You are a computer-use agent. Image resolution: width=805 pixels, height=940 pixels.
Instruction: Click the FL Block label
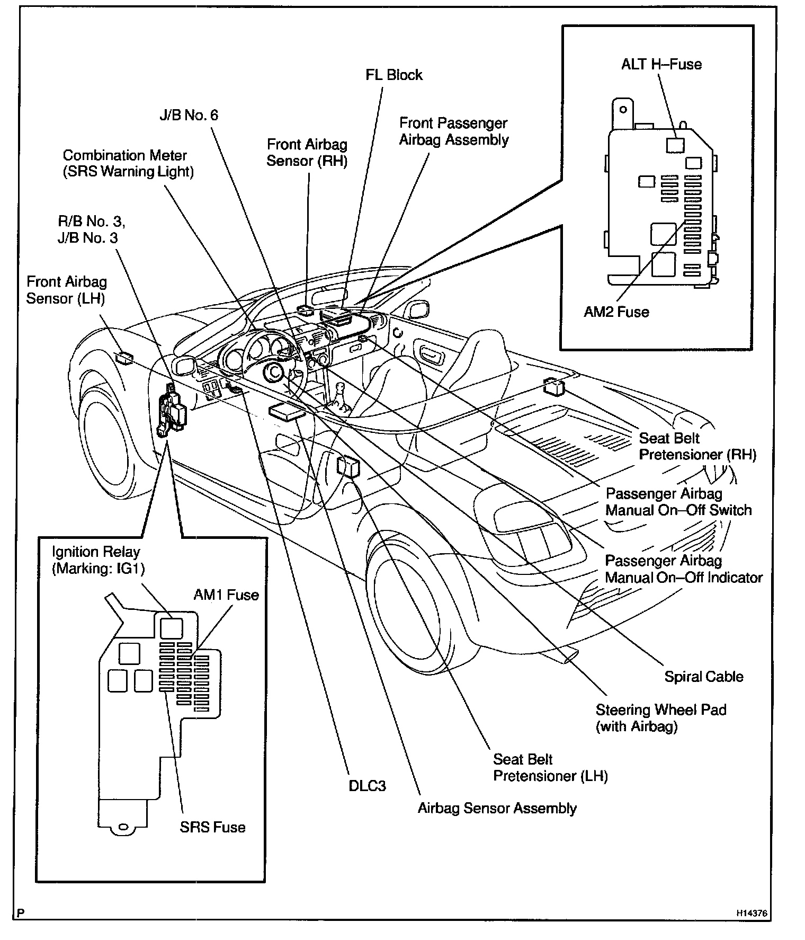[393, 75]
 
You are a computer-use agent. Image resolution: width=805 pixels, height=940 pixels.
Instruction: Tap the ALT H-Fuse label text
[661, 65]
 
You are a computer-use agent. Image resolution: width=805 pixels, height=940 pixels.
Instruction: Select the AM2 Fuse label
[616, 312]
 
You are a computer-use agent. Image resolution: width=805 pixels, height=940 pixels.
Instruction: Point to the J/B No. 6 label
[189, 115]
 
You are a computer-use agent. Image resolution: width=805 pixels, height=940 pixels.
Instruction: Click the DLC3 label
[367, 786]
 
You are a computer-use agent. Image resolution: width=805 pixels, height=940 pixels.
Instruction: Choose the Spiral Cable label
[703, 677]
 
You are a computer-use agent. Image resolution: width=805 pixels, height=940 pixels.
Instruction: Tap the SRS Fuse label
[212, 827]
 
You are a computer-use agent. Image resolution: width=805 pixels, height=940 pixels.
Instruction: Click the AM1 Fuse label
[226, 595]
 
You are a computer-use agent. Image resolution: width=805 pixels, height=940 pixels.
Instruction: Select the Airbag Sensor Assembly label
[497, 809]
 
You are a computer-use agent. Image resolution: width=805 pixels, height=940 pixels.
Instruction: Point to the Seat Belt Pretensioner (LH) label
[550, 768]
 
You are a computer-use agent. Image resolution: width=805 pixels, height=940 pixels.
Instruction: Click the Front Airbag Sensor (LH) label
[66, 290]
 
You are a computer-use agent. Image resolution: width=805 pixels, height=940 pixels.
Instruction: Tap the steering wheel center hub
[274, 372]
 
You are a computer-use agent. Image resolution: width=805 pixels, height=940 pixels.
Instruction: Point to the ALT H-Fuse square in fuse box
[675, 145]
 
